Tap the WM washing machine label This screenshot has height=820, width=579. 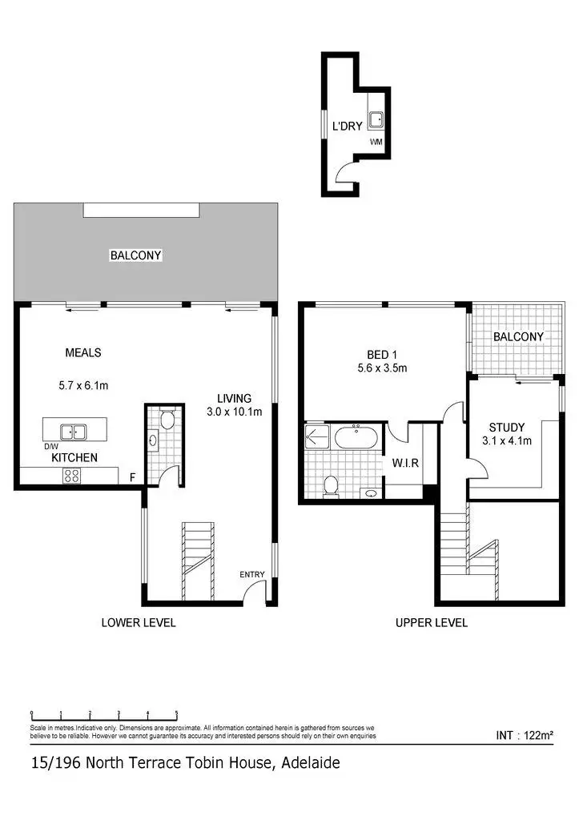point(376,142)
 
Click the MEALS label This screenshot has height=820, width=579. point(82,352)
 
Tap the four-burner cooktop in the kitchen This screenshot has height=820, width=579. point(71,475)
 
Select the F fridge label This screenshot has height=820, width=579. point(132,477)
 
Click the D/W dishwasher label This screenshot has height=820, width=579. point(50,446)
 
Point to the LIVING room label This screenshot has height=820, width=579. point(234,398)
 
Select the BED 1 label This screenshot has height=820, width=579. point(381,355)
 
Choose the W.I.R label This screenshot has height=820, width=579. point(402,463)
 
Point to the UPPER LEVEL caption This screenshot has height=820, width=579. point(431,622)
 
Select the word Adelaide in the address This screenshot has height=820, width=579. point(311,763)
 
